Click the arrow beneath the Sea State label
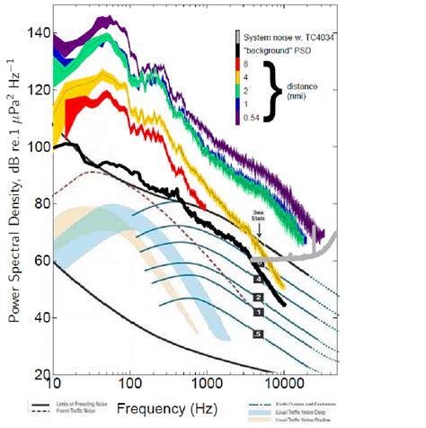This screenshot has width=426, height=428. [x=259, y=230]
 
